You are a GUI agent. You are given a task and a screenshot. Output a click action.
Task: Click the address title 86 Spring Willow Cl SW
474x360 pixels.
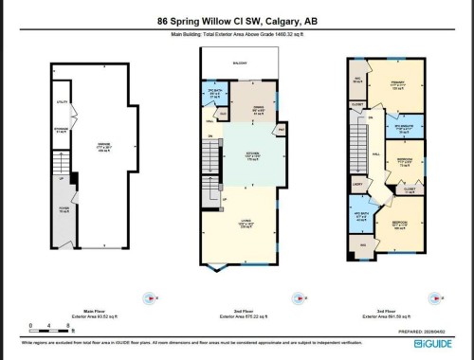[236, 20]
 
